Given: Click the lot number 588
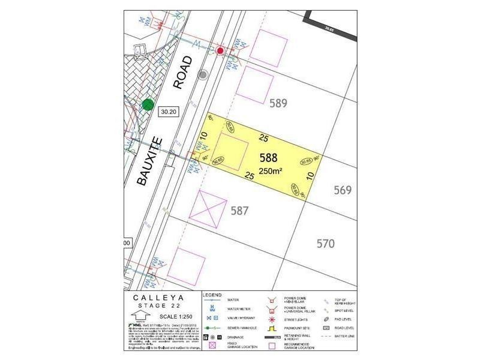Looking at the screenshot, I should point(268,158).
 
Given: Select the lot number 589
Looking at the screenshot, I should point(278,103).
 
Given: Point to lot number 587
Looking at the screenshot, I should point(239,211).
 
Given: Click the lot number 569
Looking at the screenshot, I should point(342,190).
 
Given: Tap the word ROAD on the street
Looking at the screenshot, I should point(184,73).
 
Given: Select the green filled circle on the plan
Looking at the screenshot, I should point(148,105).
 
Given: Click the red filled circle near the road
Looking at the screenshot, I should point(221,51).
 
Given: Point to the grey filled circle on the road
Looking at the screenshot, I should point(203,75).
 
